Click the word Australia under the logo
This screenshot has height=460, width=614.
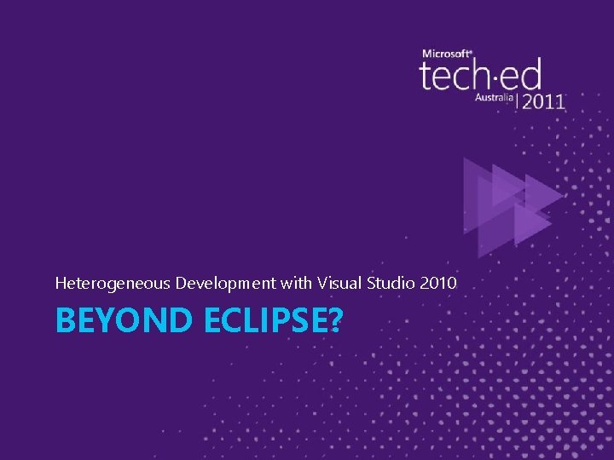[x=495, y=98]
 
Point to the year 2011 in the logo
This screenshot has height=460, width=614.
[x=543, y=101]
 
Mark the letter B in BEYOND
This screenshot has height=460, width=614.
[x=65, y=321]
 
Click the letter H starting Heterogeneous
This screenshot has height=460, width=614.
[x=60, y=282]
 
